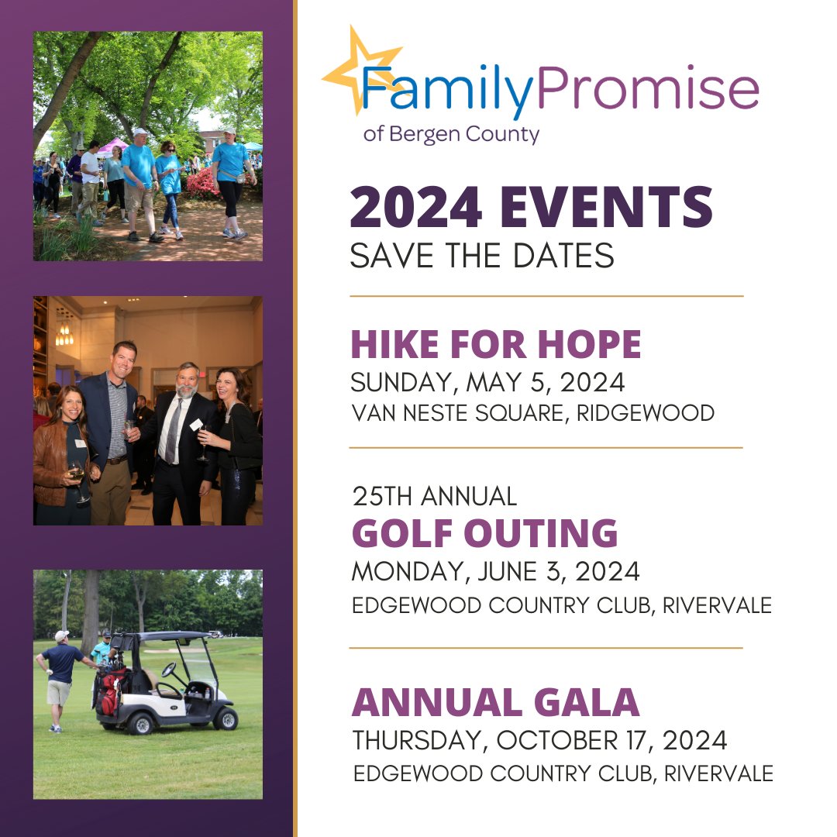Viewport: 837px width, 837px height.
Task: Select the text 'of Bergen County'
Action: [x=451, y=134]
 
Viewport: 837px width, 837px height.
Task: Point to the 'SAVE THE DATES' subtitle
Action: [x=481, y=255]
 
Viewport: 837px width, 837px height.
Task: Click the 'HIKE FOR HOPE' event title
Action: [x=496, y=345]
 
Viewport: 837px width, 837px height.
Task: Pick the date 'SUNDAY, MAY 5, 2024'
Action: [x=487, y=383]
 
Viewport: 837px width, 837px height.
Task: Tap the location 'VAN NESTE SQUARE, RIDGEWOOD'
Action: [x=533, y=413]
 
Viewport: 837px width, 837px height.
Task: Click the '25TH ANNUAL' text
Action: [x=434, y=496]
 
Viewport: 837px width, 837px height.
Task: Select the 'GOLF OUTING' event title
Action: [x=485, y=533]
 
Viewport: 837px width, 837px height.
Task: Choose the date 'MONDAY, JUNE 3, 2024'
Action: [x=495, y=572]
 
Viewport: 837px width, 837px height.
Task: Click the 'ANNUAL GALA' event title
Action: [x=495, y=702]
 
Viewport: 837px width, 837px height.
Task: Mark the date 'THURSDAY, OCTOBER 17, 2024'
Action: [x=539, y=741]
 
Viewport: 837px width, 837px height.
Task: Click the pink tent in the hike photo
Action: [x=112, y=145]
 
